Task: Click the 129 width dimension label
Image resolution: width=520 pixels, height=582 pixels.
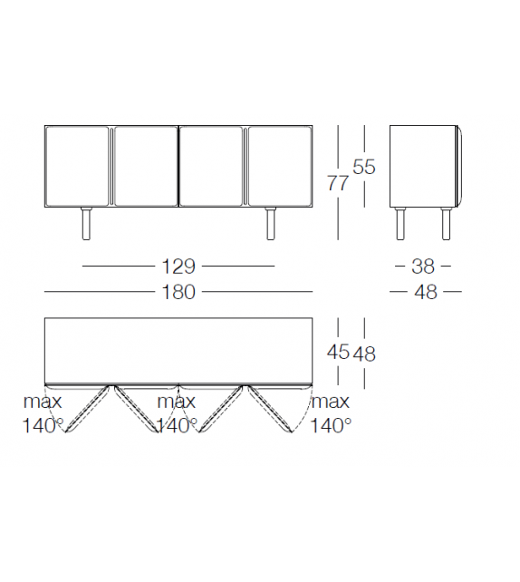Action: pos(178,267)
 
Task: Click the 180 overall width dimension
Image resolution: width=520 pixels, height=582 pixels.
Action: pos(178,292)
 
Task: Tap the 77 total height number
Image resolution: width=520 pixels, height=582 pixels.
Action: pos(338,183)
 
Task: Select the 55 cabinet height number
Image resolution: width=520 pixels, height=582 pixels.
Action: pos(364,167)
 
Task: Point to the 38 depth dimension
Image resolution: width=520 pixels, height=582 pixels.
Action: pos(423,267)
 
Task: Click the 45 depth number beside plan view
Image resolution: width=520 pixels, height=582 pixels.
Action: pos(338,351)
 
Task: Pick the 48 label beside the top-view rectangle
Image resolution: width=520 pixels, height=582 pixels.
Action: pos(364,354)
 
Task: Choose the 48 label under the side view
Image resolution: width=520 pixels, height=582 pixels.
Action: pos(426,292)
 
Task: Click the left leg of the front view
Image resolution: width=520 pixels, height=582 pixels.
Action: pos(86,223)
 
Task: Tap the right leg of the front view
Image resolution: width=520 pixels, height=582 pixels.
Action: pos(271,223)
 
